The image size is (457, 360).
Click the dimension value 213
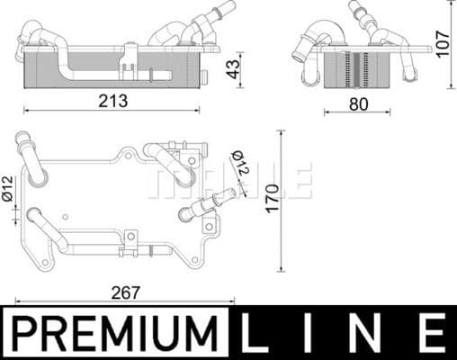click(114, 101)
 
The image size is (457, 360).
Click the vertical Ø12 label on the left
click(8, 187)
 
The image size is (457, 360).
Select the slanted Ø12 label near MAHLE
click(240, 165)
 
